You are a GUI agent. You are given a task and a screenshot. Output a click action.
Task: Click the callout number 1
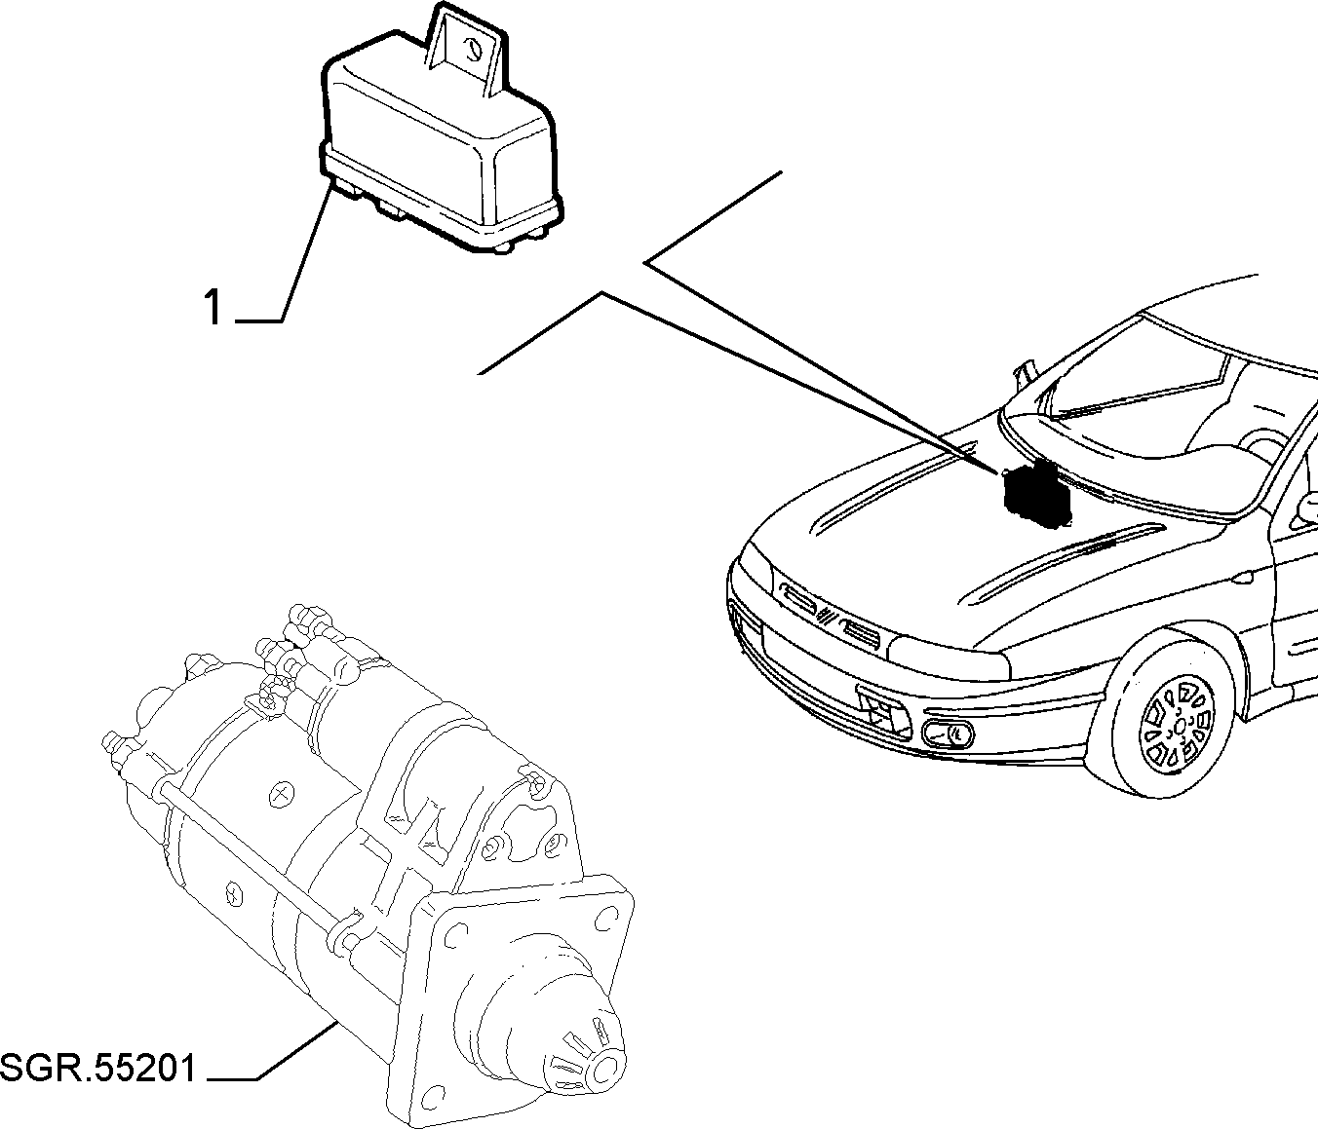(x=213, y=307)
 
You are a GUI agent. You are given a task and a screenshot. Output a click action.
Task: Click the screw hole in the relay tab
(x=473, y=50)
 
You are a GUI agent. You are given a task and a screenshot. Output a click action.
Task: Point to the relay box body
(x=440, y=153)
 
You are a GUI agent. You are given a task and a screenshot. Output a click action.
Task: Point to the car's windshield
(x=1135, y=376)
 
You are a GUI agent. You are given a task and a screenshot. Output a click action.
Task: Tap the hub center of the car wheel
(x=1180, y=726)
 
